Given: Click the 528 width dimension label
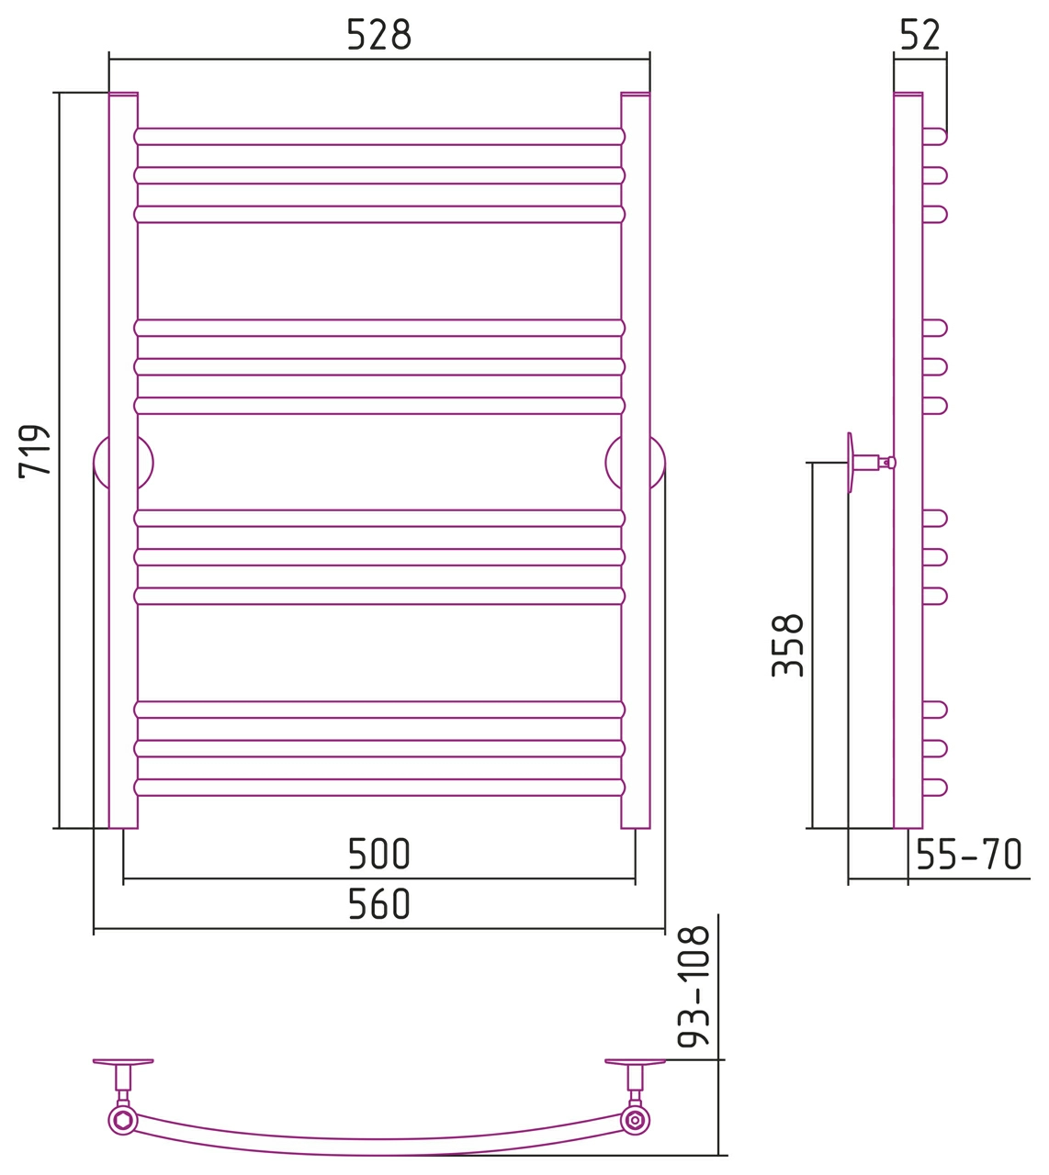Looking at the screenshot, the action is pos(379,35).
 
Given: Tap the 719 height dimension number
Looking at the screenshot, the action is pos(35,452).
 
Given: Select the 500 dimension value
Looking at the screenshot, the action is pos(379,854).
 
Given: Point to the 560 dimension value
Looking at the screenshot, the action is pos(379,903).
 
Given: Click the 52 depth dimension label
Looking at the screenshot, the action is pos(920,35).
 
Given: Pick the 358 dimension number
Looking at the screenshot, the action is pos(788,645).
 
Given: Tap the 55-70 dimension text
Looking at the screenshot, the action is pos(969,854).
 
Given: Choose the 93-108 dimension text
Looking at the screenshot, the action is pos(694,987).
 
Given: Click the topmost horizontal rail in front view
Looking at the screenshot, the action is pos(379,137).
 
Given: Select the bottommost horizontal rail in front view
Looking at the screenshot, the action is pos(379,787).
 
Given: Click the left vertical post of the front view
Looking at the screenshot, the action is pos(123,461).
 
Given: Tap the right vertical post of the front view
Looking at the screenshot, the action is pos(635,461).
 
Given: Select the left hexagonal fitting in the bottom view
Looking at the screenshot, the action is pos(123,1120).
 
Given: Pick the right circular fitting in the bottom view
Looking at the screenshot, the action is pos(635,1120).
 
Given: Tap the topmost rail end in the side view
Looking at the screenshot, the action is pos(934,137).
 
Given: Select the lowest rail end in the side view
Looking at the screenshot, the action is pos(934,787).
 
